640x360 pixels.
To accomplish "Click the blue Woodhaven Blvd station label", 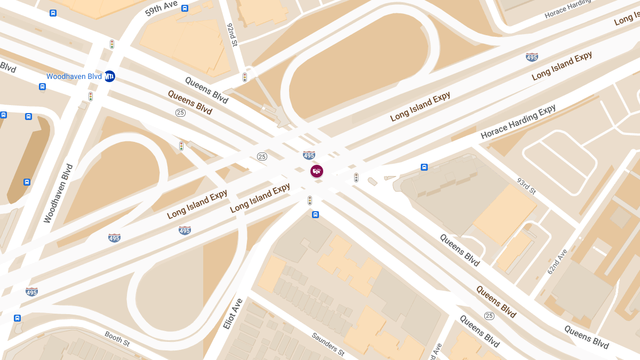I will coord(74,76).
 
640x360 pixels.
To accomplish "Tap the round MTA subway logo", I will coord(109,76).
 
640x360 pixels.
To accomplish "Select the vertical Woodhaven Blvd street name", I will coord(58,193).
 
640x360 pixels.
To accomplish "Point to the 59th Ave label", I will coord(162,9).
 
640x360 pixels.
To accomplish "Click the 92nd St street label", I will coord(232,34).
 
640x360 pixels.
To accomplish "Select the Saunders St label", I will coord(328,345).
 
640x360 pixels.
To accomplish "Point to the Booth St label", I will coord(117,338).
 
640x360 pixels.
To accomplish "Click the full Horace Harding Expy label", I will coord(518,122).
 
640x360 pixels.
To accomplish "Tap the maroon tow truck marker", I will coord(317,171).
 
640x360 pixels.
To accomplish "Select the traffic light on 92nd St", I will coord(245,77).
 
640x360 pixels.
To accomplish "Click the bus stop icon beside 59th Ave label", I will coord(185,8).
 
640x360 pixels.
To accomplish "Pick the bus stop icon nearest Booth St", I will coord(17,318).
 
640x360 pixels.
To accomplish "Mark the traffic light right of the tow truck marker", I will coord(356,178).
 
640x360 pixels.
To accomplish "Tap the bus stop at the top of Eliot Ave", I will coord(315,214).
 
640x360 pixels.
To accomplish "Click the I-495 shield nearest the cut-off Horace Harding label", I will coord(532,57).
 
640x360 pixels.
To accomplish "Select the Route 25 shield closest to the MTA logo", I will coord(181,113).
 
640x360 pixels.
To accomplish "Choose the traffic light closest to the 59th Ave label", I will coord(112,44).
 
